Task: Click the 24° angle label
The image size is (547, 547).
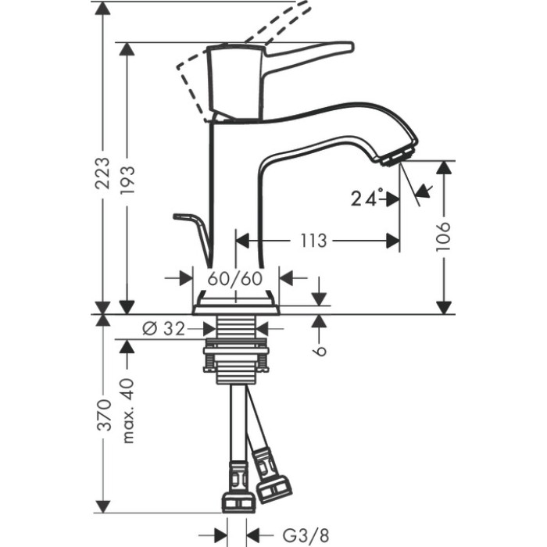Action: pos(367,198)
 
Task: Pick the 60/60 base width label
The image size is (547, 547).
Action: pos(235,277)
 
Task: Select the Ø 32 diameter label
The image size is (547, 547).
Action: pos(163,329)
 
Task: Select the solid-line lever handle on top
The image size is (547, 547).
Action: pos(305,53)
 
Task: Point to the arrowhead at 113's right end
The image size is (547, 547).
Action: pos(392,241)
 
